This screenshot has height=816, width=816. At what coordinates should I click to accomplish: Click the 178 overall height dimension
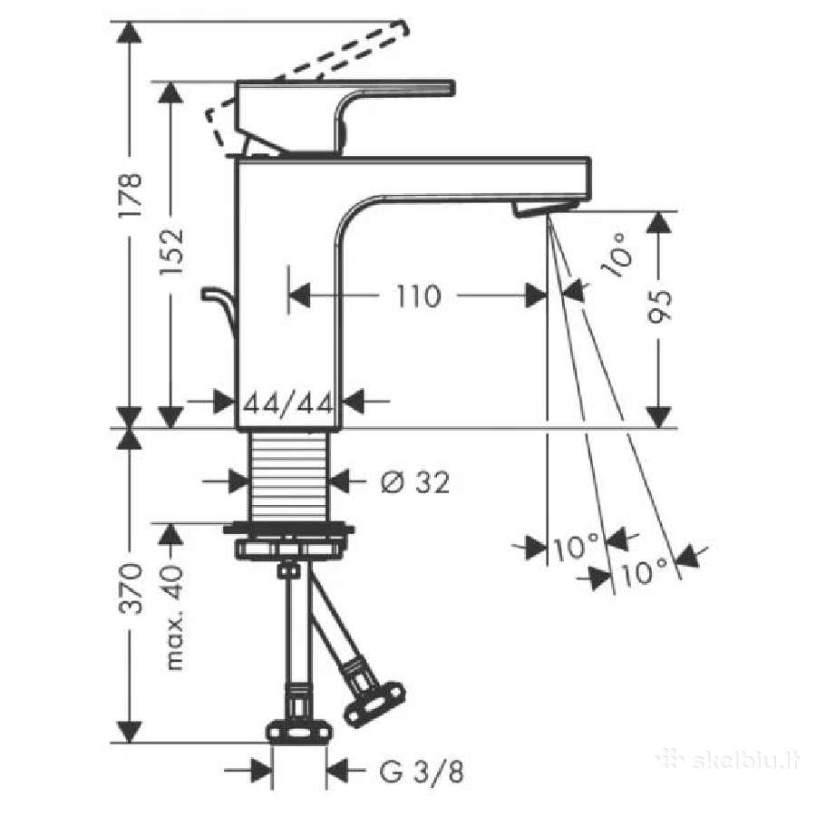point(130,195)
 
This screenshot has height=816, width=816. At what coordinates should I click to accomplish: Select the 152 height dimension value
point(171,251)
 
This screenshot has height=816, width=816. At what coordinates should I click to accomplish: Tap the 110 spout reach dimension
point(418,296)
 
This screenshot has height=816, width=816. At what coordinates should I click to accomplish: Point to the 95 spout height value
point(659,306)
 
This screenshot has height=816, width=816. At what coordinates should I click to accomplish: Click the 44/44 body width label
point(288,403)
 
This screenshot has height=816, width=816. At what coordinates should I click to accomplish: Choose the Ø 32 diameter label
point(414,482)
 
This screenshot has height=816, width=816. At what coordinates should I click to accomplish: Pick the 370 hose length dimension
point(130,588)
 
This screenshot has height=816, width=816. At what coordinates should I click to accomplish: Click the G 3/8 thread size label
point(422,772)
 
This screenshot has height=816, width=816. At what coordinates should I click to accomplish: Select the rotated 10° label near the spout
point(618,255)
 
